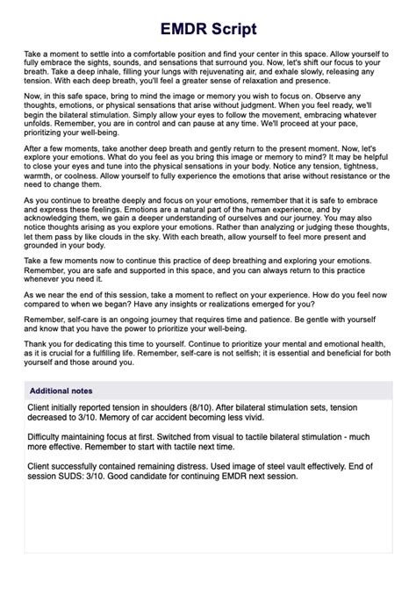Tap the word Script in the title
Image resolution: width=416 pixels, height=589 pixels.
[233, 29]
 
